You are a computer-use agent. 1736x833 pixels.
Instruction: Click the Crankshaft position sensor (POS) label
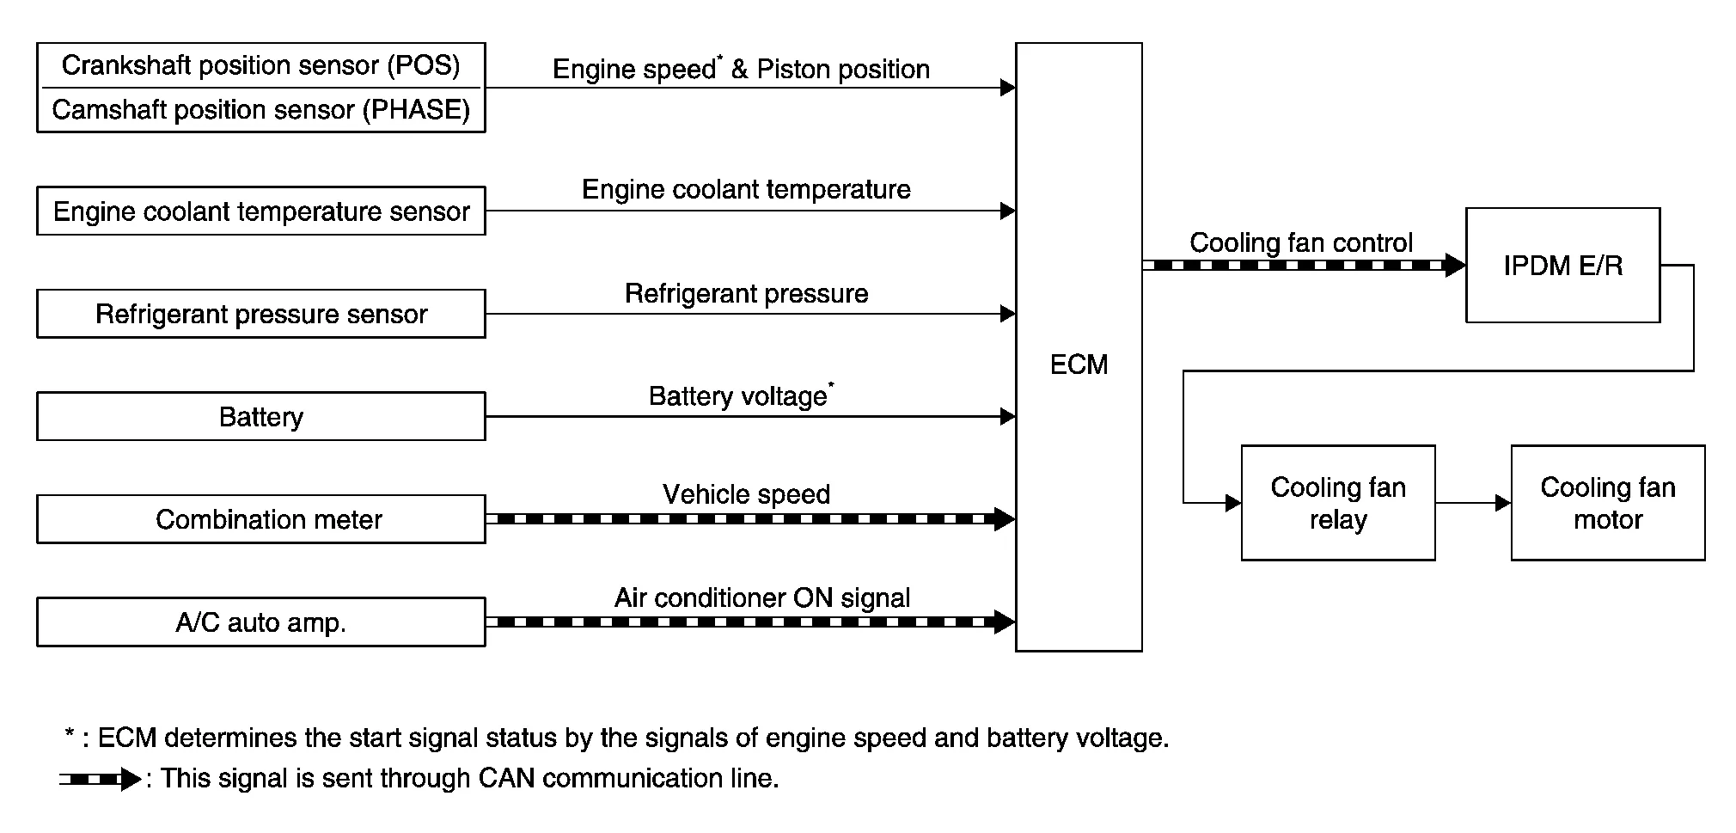(x=260, y=65)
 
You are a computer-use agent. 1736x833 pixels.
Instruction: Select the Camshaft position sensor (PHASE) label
(x=260, y=110)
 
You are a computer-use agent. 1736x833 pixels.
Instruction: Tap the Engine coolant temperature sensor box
(x=260, y=211)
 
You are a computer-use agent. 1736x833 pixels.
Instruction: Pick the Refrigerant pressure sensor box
(x=260, y=314)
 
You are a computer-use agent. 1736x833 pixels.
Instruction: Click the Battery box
(x=260, y=417)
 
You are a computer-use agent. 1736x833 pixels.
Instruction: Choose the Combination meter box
(x=260, y=519)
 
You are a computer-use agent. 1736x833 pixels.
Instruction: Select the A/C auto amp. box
(x=260, y=622)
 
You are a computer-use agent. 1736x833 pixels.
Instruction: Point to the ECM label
(x=1079, y=364)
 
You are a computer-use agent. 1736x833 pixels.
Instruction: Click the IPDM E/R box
(x=1562, y=266)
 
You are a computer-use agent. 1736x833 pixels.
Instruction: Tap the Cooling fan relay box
(x=1337, y=503)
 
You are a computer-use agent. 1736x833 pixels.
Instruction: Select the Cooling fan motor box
(x=1607, y=503)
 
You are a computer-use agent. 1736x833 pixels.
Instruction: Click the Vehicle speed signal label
(x=746, y=494)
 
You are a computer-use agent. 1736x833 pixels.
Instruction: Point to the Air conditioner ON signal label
(x=761, y=597)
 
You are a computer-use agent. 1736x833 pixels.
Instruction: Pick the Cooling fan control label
(x=1300, y=242)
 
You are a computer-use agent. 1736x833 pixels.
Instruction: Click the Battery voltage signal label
(x=739, y=396)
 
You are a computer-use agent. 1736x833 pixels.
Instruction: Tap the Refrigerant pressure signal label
(x=746, y=294)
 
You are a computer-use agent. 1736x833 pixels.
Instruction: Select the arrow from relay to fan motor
(x=1472, y=503)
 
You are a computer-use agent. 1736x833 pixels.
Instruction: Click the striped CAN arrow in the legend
(x=100, y=780)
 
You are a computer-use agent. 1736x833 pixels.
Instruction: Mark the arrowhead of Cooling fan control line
(x=1454, y=266)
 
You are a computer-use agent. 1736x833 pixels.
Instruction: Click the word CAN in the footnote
(x=507, y=778)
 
